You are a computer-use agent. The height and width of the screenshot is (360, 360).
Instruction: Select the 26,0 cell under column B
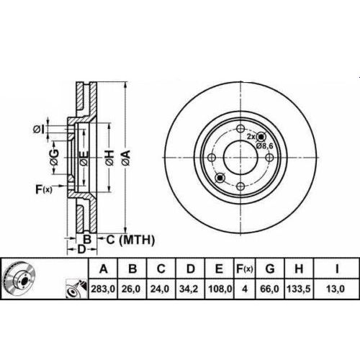pos(132,289)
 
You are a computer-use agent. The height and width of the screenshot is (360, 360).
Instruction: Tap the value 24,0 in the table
pos(161,289)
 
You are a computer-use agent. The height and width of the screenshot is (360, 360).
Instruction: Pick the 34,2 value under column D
pos(190,289)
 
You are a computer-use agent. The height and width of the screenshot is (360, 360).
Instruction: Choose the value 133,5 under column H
pos(298,289)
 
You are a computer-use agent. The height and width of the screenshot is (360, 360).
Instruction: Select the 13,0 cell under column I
pos(336,289)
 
